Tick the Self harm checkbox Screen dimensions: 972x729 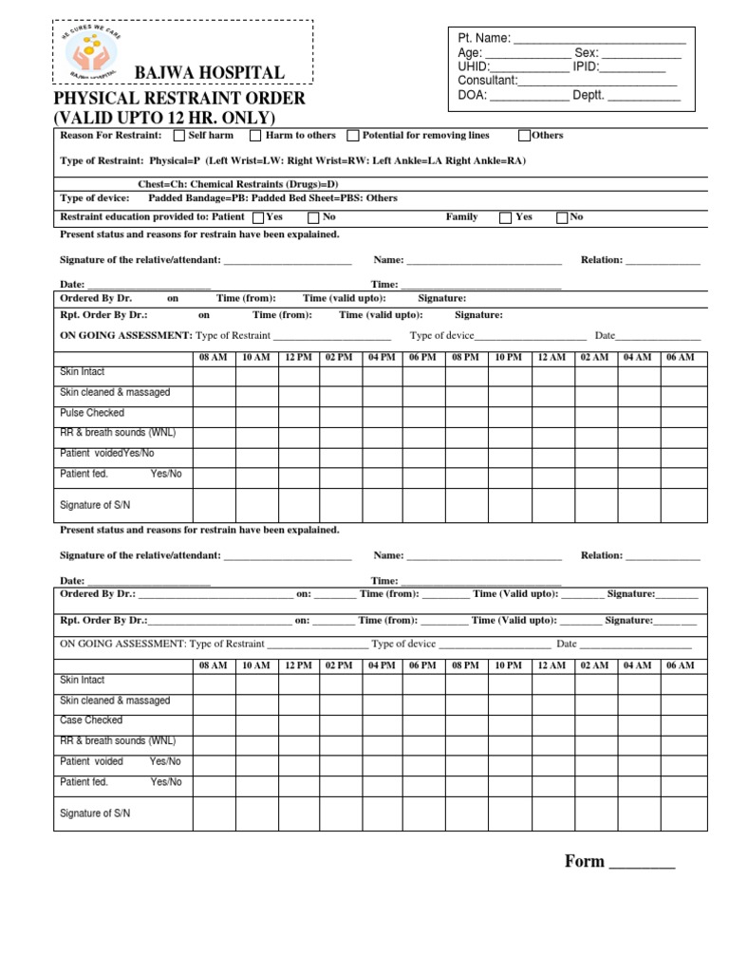tap(179, 136)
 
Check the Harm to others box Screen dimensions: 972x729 tap(255, 136)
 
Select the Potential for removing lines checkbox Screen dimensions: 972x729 tap(353, 136)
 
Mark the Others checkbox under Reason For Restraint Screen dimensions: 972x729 tap(525, 136)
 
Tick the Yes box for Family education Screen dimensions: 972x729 tap(505, 217)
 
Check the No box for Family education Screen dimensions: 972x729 tap(562, 217)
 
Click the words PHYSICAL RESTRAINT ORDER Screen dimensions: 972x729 tap(179, 98)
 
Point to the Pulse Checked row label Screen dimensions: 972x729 tap(92, 413)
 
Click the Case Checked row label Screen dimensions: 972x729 tap(91, 720)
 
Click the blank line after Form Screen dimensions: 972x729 tap(641, 864)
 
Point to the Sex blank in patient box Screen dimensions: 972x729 tap(641, 53)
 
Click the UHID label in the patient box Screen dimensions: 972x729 tap(473, 66)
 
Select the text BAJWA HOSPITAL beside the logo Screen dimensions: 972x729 tap(209, 73)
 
